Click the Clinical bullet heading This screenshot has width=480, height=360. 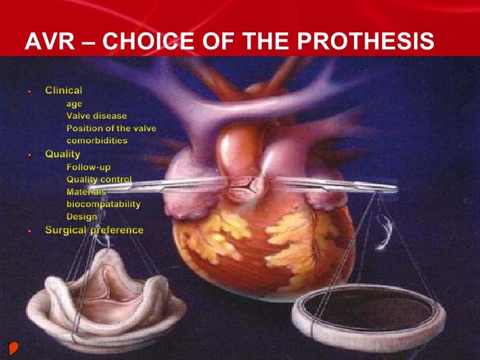pyautogui.click(x=63, y=90)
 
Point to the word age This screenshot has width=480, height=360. pyautogui.click(x=74, y=103)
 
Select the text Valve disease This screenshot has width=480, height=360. pyautogui.click(x=96, y=115)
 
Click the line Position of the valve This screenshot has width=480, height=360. pyautogui.click(x=111, y=128)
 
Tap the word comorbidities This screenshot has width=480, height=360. pyautogui.click(x=97, y=140)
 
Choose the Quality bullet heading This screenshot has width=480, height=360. pyautogui.click(x=62, y=154)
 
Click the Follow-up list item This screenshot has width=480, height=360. pyautogui.click(x=88, y=167)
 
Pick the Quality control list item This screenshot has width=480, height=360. pyautogui.click(x=99, y=179)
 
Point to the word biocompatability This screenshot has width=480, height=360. pyautogui.click(x=103, y=204)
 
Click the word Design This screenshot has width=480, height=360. pyautogui.click(x=82, y=217)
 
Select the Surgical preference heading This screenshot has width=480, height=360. pyautogui.click(x=94, y=230)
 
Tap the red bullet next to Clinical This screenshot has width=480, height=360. pyautogui.click(x=30, y=90)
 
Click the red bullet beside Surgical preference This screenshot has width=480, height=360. pyautogui.click(x=30, y=231)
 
